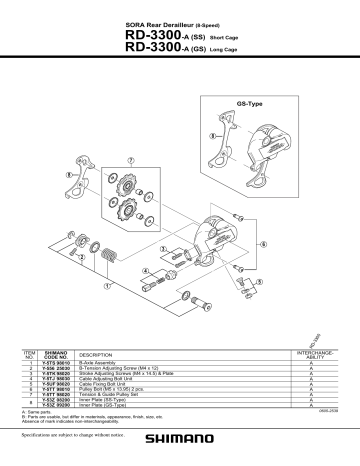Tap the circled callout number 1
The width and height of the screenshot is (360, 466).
tap(263, 281)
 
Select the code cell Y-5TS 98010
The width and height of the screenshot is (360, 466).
tap(54, 364)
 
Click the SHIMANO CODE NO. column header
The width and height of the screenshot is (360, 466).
tap(54, 355)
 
